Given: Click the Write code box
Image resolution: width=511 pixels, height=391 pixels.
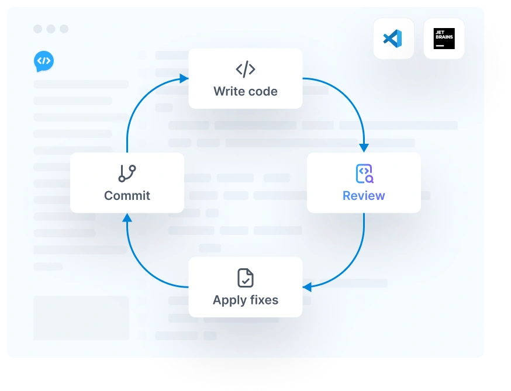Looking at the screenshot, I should pos(245,78).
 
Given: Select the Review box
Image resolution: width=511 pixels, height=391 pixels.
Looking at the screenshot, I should pos(363,182).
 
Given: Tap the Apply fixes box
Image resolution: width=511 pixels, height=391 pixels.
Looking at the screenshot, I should pos(245,287).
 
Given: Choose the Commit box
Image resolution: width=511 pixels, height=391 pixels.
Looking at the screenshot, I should pos(127,182).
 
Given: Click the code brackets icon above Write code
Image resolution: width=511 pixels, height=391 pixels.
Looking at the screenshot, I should pos(246,70).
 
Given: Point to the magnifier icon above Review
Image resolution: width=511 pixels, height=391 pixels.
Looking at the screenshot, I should pos(364,174).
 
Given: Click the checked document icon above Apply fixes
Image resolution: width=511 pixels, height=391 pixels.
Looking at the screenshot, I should pos(246,278).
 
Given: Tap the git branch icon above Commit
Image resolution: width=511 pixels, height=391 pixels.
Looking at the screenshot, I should pos(127,174).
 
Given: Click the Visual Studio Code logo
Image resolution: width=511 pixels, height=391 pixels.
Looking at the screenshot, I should pos(393,39).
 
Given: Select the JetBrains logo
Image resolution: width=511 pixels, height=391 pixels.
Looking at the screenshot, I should pos(444,39).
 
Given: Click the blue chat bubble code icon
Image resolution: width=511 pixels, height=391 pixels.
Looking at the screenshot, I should pos(44,61).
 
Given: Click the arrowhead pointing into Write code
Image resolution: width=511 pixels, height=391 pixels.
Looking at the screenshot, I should pos(184,78).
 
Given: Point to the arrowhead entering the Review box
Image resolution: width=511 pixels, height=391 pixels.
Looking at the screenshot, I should pos(364,148).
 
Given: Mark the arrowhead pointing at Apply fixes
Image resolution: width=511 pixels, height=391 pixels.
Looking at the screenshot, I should pos(307,286).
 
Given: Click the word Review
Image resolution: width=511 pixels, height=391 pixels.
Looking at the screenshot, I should pos(364,196).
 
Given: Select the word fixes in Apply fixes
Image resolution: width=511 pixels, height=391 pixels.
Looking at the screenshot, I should pos(263,300).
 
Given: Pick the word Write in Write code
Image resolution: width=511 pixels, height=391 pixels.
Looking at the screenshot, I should pos(229,92).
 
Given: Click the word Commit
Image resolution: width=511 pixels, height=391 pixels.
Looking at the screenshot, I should pos(127,196).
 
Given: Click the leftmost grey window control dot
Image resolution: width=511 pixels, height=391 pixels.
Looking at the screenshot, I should pos(38,29).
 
